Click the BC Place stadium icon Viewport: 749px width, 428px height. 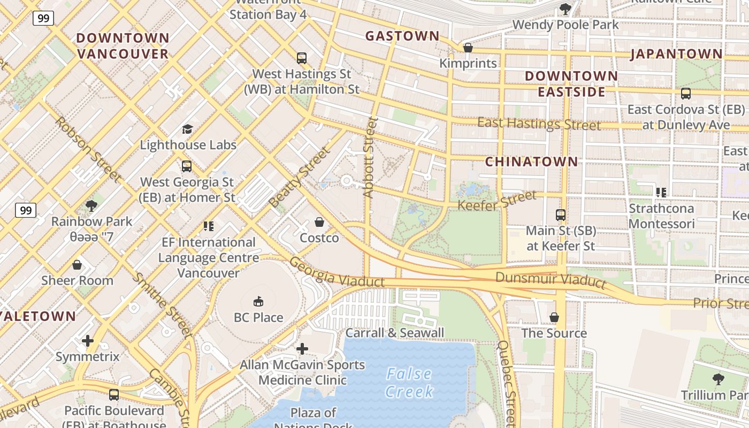click(258, 302)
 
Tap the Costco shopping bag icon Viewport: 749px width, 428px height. click(319, 222)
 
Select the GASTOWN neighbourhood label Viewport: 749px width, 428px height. click(402, 36)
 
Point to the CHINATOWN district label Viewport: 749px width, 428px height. click(531, 162)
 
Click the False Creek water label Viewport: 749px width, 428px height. click(409, 382)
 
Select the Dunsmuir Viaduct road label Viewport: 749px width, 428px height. click(551, 279)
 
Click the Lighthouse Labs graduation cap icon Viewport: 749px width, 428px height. click(187, 129)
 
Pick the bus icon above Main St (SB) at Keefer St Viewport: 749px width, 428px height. click(560, 215)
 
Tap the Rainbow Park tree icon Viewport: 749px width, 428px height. click(91, 205)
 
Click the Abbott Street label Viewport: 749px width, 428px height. click(370, 157)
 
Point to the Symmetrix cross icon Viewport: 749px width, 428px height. click(88, 341)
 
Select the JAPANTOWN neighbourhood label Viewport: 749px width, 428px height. click(676, 54)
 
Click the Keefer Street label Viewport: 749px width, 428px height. click(497, 201)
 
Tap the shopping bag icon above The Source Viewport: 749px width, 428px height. click(554, 317)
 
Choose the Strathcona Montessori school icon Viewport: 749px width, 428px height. click(661, 192)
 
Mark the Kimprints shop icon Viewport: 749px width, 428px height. click(468, 48)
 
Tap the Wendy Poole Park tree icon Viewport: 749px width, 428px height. click(565, 9)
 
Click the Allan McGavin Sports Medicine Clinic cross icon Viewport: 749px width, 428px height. click(302, 349)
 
